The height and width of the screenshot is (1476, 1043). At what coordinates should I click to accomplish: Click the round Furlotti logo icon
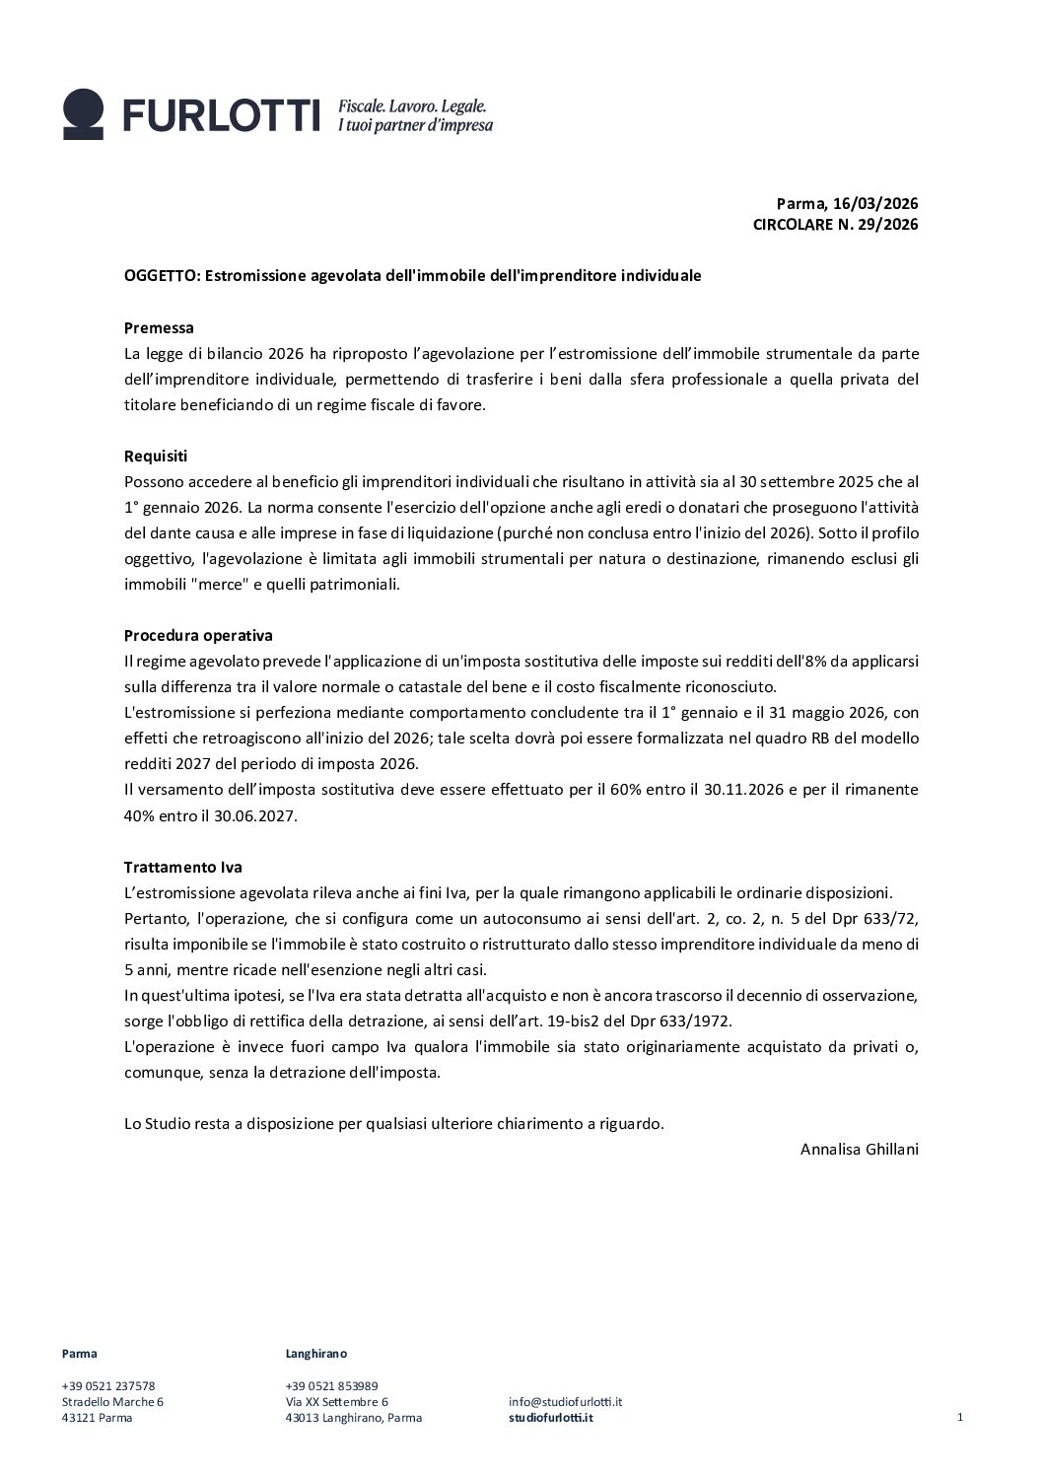click(x=83, y=114)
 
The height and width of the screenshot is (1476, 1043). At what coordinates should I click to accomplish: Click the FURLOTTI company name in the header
click(x=222, y=115)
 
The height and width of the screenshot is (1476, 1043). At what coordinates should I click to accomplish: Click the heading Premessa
click(x=159, y=327)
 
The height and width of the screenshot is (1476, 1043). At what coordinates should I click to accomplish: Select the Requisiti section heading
click(x=156, y=456)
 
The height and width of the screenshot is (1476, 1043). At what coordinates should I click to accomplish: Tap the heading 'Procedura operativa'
click(x=198, y=635)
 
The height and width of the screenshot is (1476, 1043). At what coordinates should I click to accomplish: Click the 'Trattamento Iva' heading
click(x=182, y=867)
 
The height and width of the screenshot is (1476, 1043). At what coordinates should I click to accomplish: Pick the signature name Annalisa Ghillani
click(x=860, y=1149)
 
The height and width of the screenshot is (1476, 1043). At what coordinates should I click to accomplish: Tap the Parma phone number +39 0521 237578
click(x=108, y=1385)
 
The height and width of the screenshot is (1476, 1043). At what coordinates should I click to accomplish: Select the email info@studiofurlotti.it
click(x=565, y=1401)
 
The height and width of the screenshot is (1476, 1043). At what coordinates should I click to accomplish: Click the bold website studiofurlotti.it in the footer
click(x=551, y=1418)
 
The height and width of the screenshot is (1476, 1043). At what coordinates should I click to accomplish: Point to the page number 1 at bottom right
click(x=959, y=1417)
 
